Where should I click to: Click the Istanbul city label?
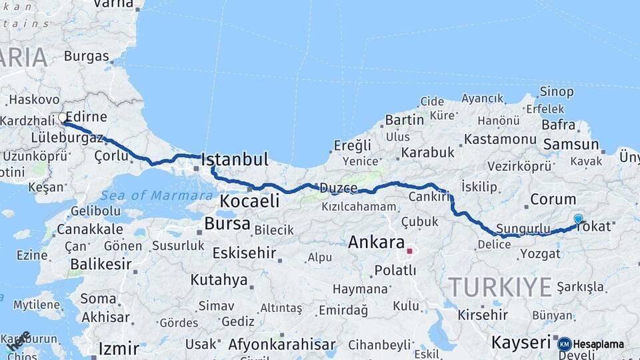[x=235, y=159]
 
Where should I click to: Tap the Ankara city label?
[x=377, y=242]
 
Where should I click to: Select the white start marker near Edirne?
[x=63, y=118]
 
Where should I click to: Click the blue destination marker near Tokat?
[x=578, y=219]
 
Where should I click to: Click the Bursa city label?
[x=227, y=223]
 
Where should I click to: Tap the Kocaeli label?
[x=249, y=201]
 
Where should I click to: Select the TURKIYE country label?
[x=500, y=287]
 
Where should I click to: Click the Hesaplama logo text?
[x=599, y=344]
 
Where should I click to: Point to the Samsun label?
[x=571, y=144]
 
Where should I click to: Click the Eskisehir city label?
[x=244, y=253]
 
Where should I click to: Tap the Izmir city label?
[x=119, y=348]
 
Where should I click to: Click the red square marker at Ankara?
[x=410, y=251]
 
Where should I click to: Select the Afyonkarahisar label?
[x=281, y=345]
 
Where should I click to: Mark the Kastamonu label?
[x=500, y=139]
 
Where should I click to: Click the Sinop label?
[x=556, y=92]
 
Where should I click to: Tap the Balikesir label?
[x=101, y=265]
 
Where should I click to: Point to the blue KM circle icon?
[x=564, y=344]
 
